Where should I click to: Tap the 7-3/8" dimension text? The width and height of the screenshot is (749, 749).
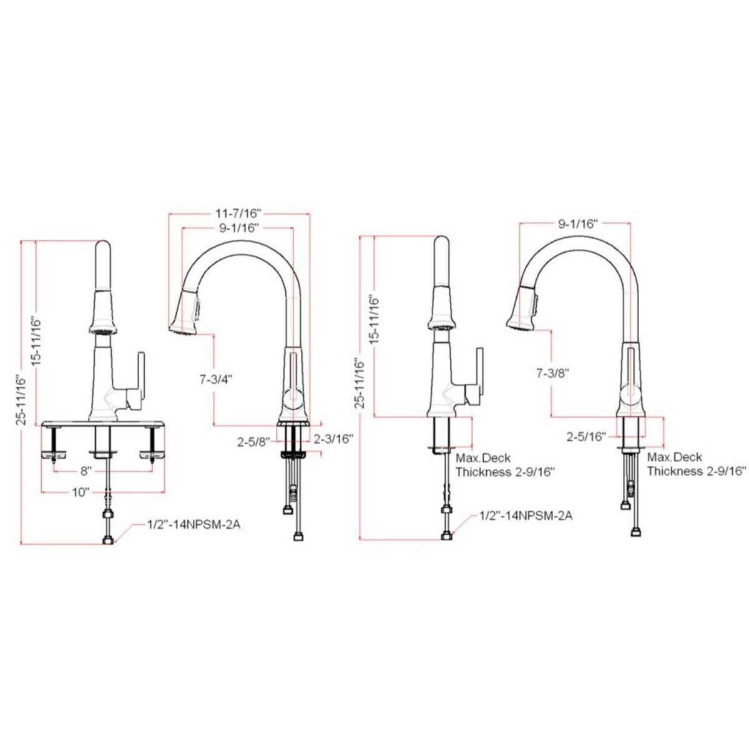coord(552,373)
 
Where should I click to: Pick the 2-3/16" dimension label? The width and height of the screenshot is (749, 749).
coord(334,438)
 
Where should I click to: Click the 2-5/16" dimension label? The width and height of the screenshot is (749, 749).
coord(587,436)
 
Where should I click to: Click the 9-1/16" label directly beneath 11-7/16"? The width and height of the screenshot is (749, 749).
coord(238,228)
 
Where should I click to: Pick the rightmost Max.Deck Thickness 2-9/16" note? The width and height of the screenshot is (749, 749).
coord(695,465)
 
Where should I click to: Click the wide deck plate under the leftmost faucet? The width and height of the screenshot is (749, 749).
coord(103,424)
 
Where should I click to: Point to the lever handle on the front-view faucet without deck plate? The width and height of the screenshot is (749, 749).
coord(477,381)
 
